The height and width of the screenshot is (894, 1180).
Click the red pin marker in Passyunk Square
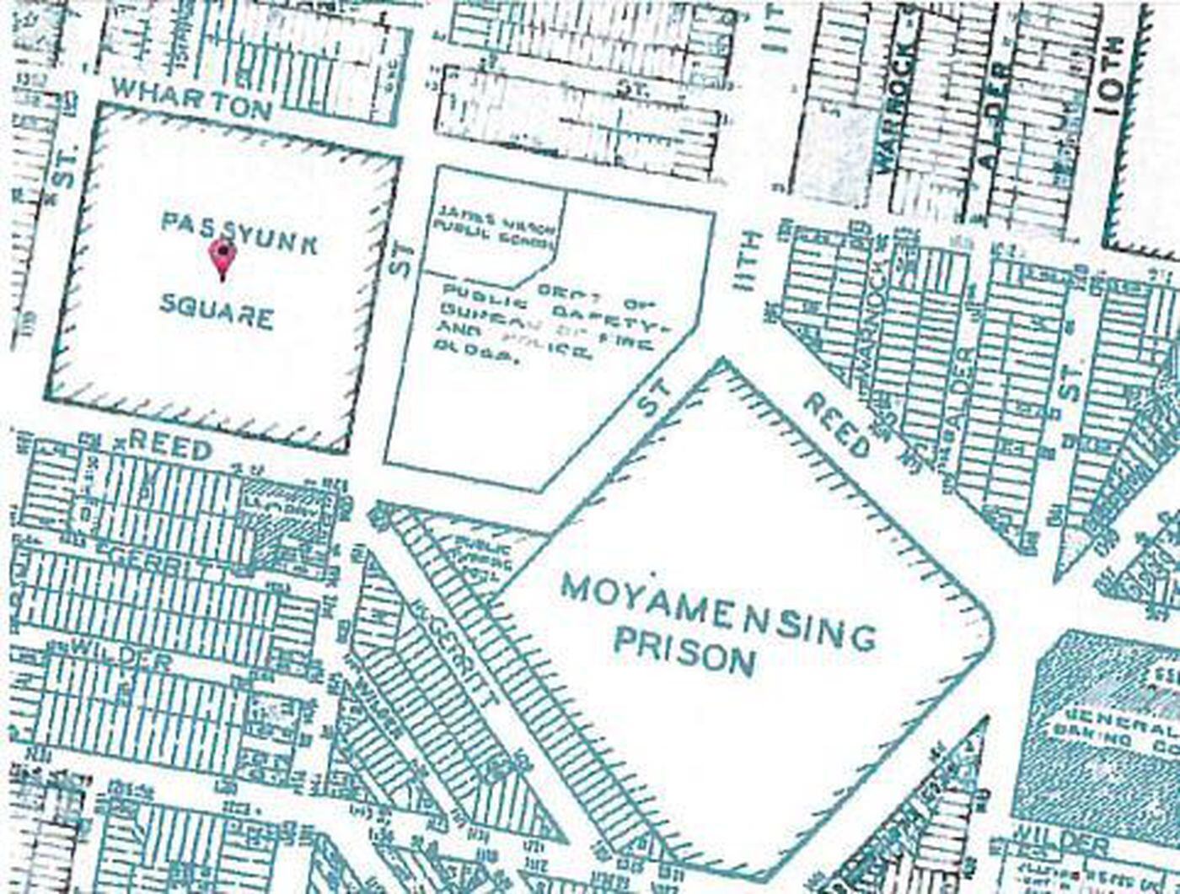tap(223, 258)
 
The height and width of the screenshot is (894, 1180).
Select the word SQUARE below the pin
tap(217, 315)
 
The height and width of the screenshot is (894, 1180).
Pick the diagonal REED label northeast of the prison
tap(836, 425)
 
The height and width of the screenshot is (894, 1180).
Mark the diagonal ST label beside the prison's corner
tap(655, 396)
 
